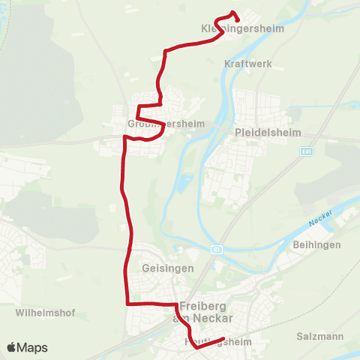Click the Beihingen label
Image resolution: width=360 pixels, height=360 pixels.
(318, 244)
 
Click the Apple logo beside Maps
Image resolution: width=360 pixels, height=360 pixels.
(11, 348)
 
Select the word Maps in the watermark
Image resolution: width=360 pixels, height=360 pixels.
(32, 348)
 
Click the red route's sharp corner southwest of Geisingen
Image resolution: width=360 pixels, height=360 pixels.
(127, 303)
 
